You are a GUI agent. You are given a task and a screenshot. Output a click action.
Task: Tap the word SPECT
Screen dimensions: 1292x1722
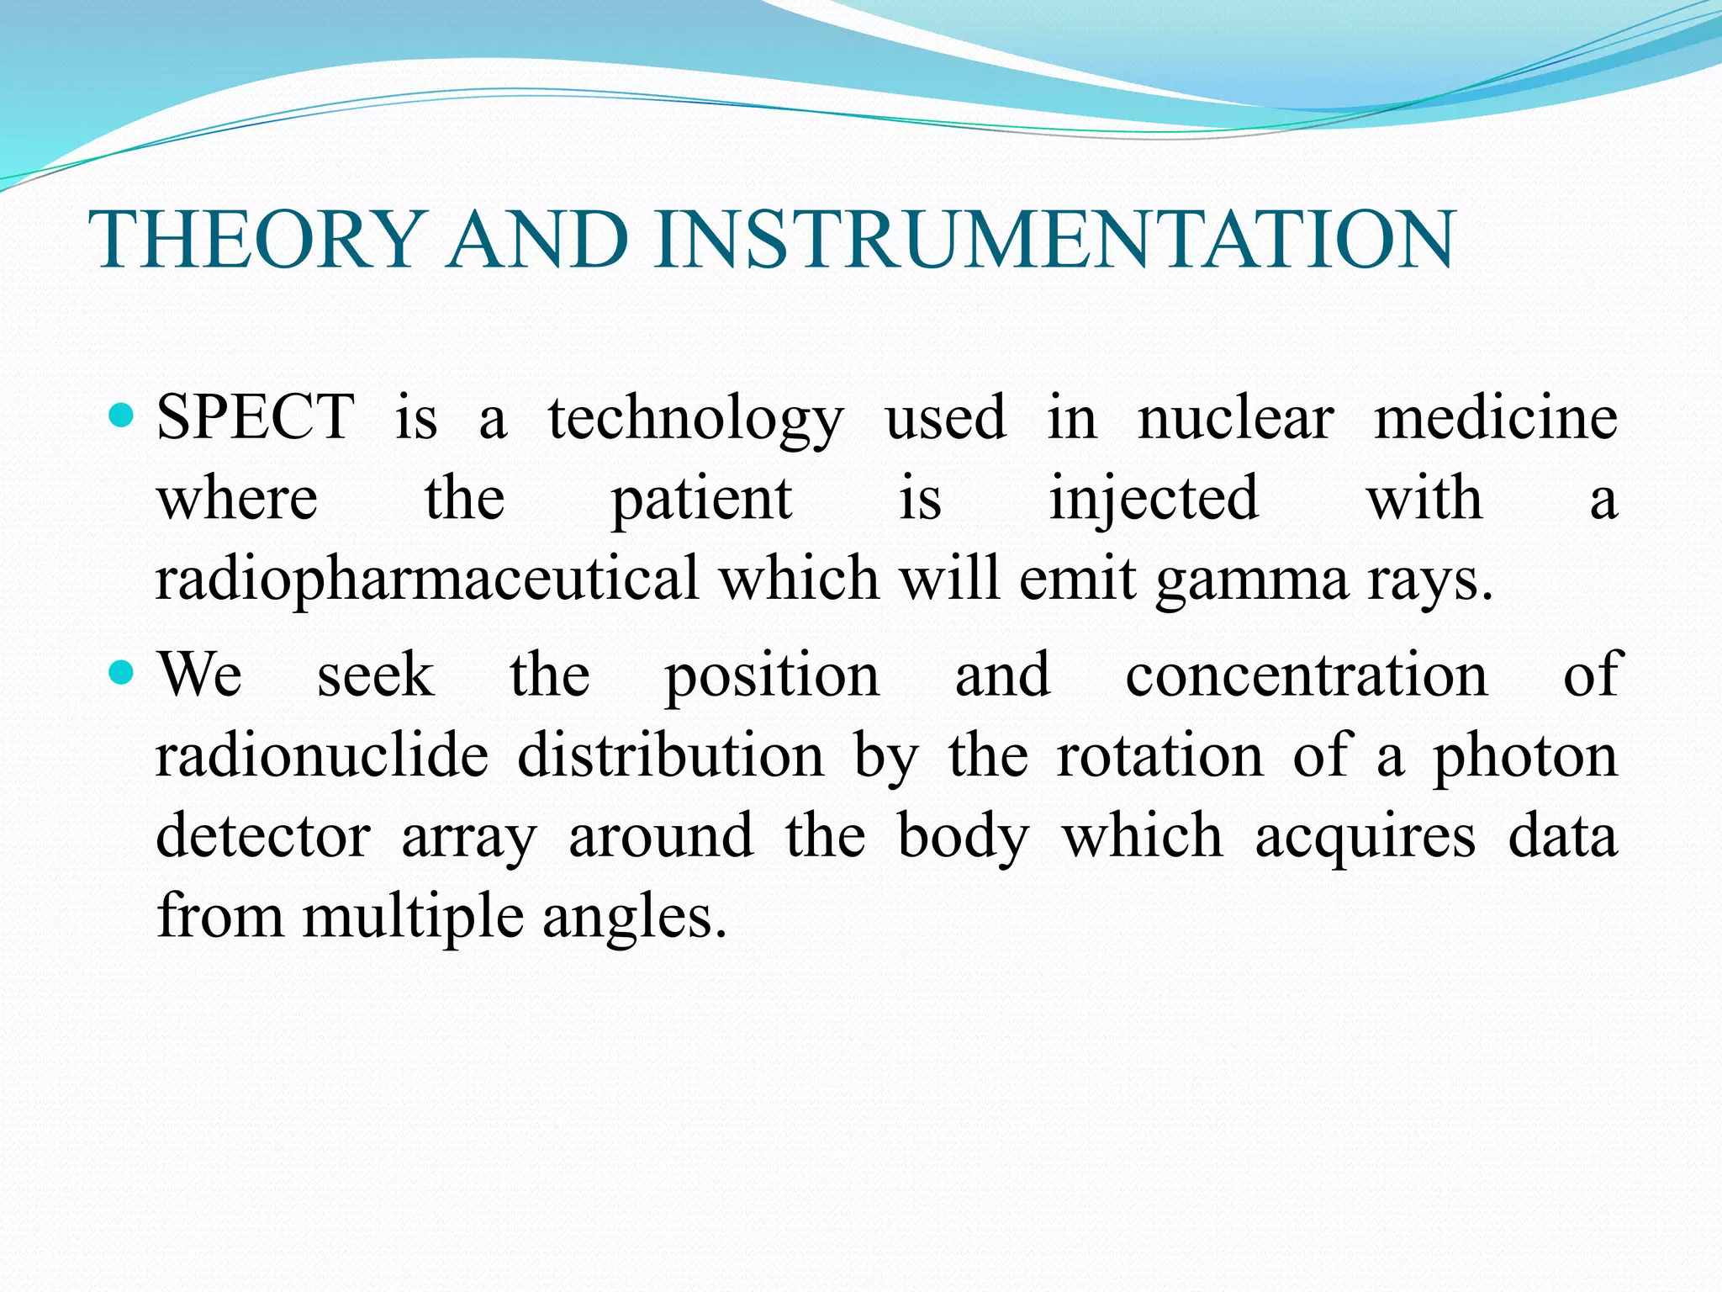tap(256, 417)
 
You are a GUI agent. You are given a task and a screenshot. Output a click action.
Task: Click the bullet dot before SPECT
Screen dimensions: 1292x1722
tap(123, 415)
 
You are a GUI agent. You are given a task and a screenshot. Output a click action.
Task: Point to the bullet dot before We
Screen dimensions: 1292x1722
tap(123, 672)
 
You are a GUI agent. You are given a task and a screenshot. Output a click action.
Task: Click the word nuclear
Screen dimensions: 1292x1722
tap(1235, 417)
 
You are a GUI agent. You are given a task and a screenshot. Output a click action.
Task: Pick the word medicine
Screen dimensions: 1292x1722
tap(1495, 417)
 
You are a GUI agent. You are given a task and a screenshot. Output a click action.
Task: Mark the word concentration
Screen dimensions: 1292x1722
tap(1307, 675)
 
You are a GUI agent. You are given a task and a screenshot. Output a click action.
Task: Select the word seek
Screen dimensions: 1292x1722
tap(375, 675)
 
